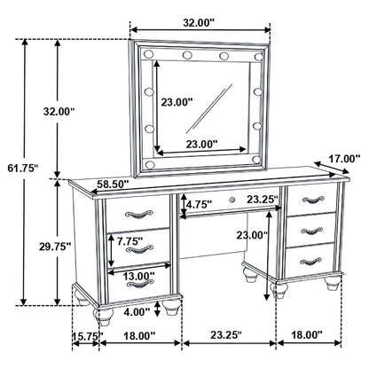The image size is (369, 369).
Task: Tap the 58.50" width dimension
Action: pos(113,184)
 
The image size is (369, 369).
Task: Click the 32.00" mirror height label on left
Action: pos(60,112)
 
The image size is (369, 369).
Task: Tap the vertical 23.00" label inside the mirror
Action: pos(177,101)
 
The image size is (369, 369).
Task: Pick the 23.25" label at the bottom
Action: pos(229,335)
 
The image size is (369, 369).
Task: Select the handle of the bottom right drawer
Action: pos(309,259)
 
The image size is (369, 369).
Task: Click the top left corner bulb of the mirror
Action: pos(145,57)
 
